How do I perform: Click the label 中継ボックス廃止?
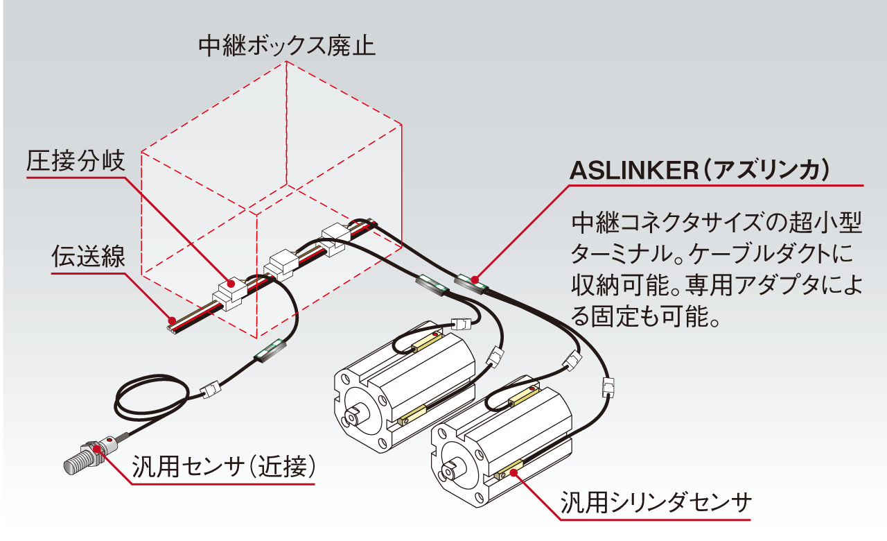(287, 46)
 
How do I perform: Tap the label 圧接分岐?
(76, 162)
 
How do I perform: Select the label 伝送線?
(88, 257)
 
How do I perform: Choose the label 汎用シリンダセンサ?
(656, 502)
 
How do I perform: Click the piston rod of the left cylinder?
(353, 419)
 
